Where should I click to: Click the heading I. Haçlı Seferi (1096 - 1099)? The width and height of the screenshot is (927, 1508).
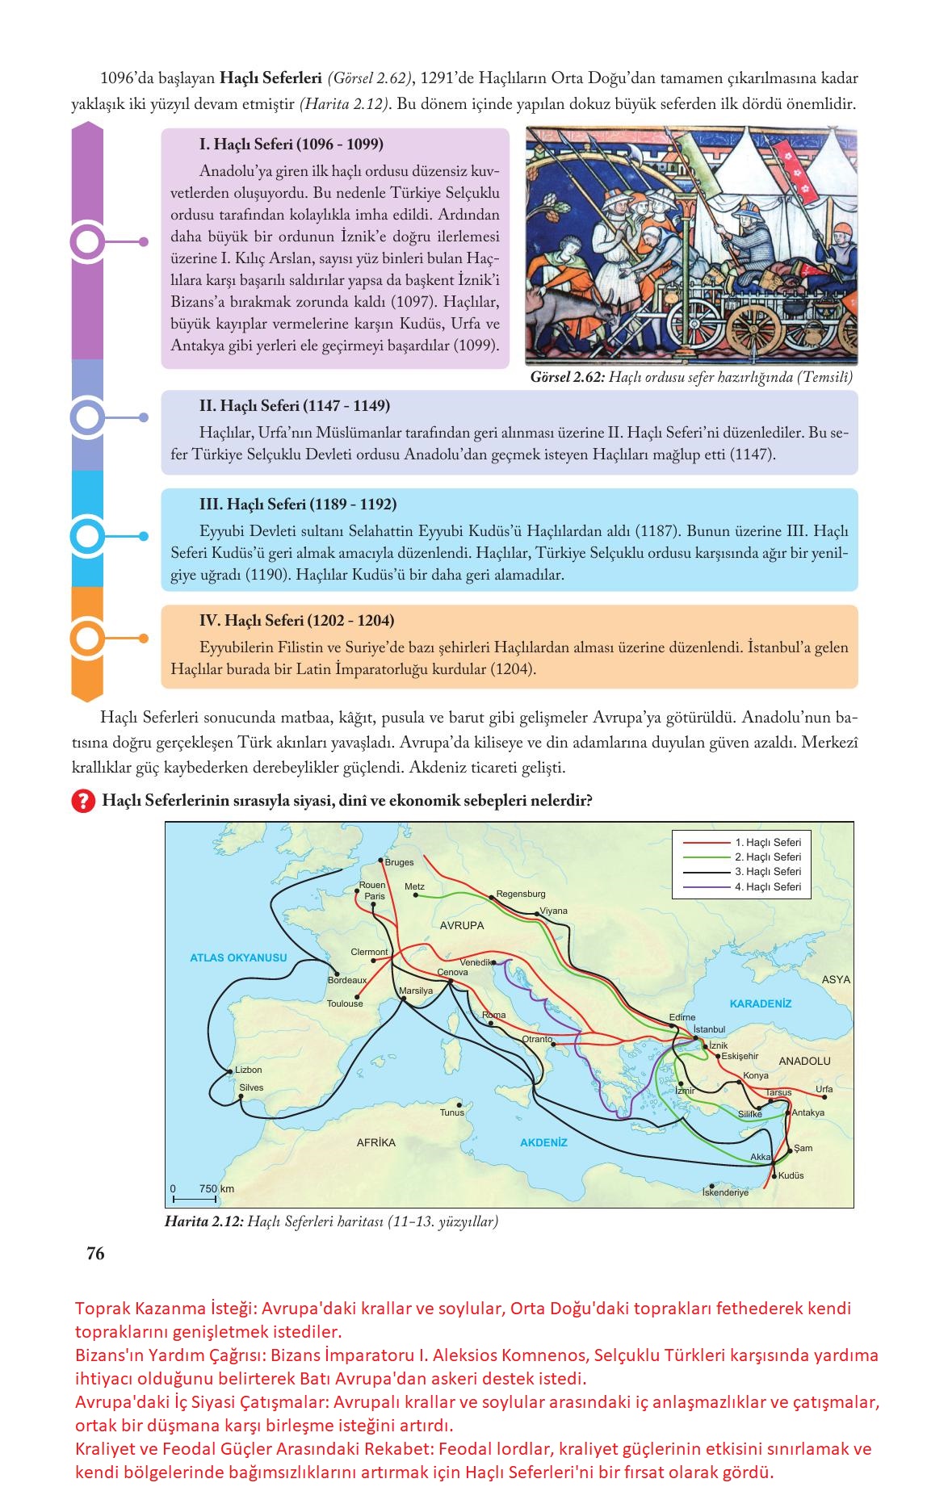tap(292, 145)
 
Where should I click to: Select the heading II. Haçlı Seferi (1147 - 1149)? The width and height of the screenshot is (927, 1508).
tap(294, 406)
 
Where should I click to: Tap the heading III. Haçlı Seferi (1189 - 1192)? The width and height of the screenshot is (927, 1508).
tap(298, 505)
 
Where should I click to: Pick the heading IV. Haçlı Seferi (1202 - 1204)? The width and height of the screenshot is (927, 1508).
tap(296, 621)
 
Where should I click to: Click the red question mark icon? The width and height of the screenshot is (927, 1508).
tap(83, 802)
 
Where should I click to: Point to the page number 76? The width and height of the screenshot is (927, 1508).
tap(95, 1254)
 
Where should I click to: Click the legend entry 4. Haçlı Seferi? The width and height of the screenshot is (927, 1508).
tap(767, 887)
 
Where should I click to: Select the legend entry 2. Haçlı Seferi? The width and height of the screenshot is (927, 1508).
tap(767, 857)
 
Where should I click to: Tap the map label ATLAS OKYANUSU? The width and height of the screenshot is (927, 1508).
tap(238, 958)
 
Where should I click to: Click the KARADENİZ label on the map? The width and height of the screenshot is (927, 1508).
tap(761, 1004)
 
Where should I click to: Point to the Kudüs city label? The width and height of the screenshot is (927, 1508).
tap(791, 1175)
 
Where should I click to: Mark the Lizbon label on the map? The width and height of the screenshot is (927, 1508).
tap(248, 1070)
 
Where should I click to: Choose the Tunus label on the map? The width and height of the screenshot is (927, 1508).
tap(452, 1112)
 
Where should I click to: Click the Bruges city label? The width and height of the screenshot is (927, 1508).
tap(399, 862)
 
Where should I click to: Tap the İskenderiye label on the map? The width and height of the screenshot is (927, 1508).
tap(725, 1192)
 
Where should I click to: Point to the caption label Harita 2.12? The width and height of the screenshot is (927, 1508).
tap(203, 1221)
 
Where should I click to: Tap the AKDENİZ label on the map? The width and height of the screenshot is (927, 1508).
tap(543, 1142)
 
